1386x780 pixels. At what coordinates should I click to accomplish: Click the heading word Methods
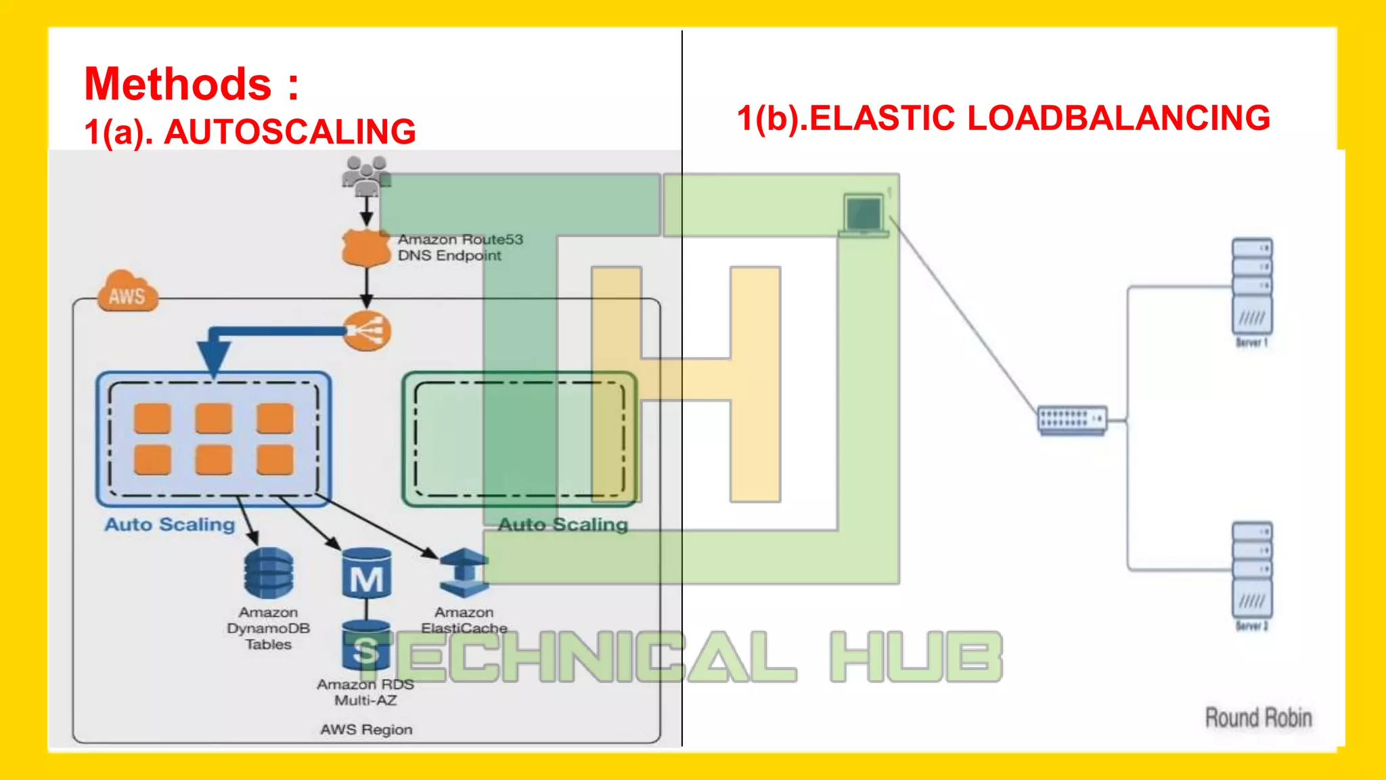click(x=177, y=85)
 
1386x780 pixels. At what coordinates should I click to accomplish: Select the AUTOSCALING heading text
click(x=290, y=131)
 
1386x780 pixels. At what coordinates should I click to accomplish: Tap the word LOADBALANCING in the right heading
click(x=1119, y=118)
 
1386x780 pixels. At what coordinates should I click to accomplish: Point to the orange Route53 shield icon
click(x=365, y=248)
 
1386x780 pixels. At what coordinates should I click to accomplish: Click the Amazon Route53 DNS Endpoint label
click(x=460, y=248)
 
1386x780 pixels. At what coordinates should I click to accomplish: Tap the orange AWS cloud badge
click(x=127, y=292)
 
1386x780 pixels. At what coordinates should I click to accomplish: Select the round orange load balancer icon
click(x=367, y=331)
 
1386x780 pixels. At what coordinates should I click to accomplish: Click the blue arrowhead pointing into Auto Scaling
click(x=214, y=357)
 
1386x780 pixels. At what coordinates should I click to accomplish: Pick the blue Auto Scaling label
click(x=169, y=525)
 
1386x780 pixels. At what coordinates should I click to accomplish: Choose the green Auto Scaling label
click(x=563, y=525)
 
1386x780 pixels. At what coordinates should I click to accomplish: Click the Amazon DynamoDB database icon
click(x=269, y=573)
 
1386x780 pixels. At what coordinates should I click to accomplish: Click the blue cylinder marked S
click(x=366, y=646)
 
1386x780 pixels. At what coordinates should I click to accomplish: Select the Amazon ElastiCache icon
click(x=464, y=573)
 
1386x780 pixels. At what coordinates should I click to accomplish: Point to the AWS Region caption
click(x=366, y=730)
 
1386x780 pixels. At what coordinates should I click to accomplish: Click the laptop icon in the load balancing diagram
click(x=864, y=215)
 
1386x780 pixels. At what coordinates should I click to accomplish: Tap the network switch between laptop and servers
click(x=1072, y=420)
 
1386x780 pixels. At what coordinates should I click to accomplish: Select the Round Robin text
click(x=1258, y=718)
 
